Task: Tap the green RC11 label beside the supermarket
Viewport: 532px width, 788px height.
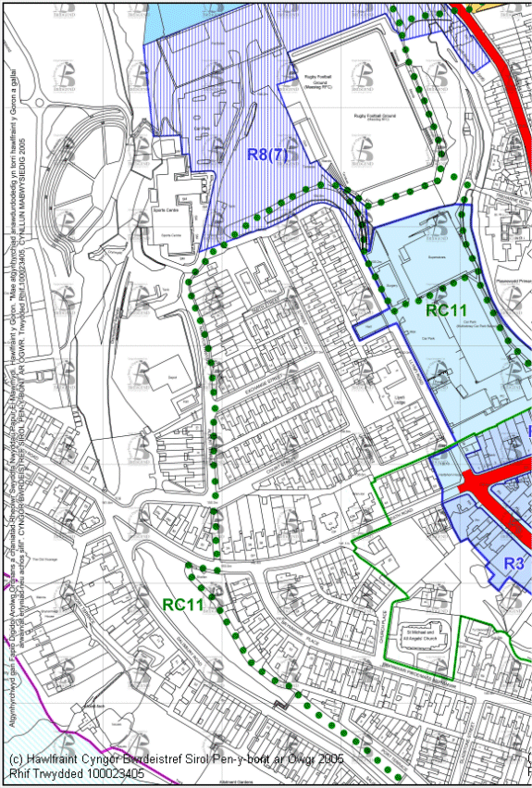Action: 450,311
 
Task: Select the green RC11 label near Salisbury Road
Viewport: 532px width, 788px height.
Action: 185,604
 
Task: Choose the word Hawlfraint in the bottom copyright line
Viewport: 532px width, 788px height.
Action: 56,758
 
